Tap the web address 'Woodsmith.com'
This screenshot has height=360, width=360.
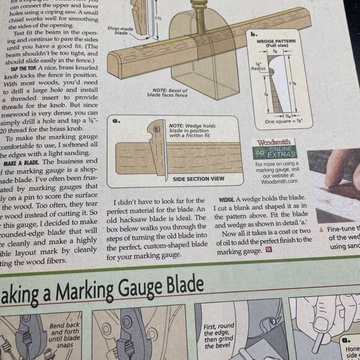point(279,182)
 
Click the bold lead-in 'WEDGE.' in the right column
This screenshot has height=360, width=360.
point(225,201)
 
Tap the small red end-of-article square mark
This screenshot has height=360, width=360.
point(268,251)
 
